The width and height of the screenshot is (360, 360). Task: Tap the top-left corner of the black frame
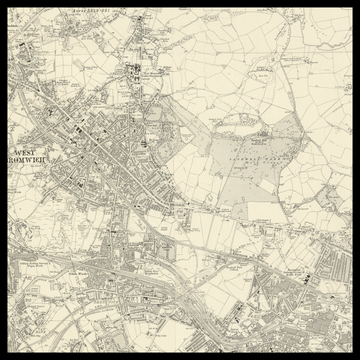point(2,2)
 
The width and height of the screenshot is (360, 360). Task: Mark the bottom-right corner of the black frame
point(357,357)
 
